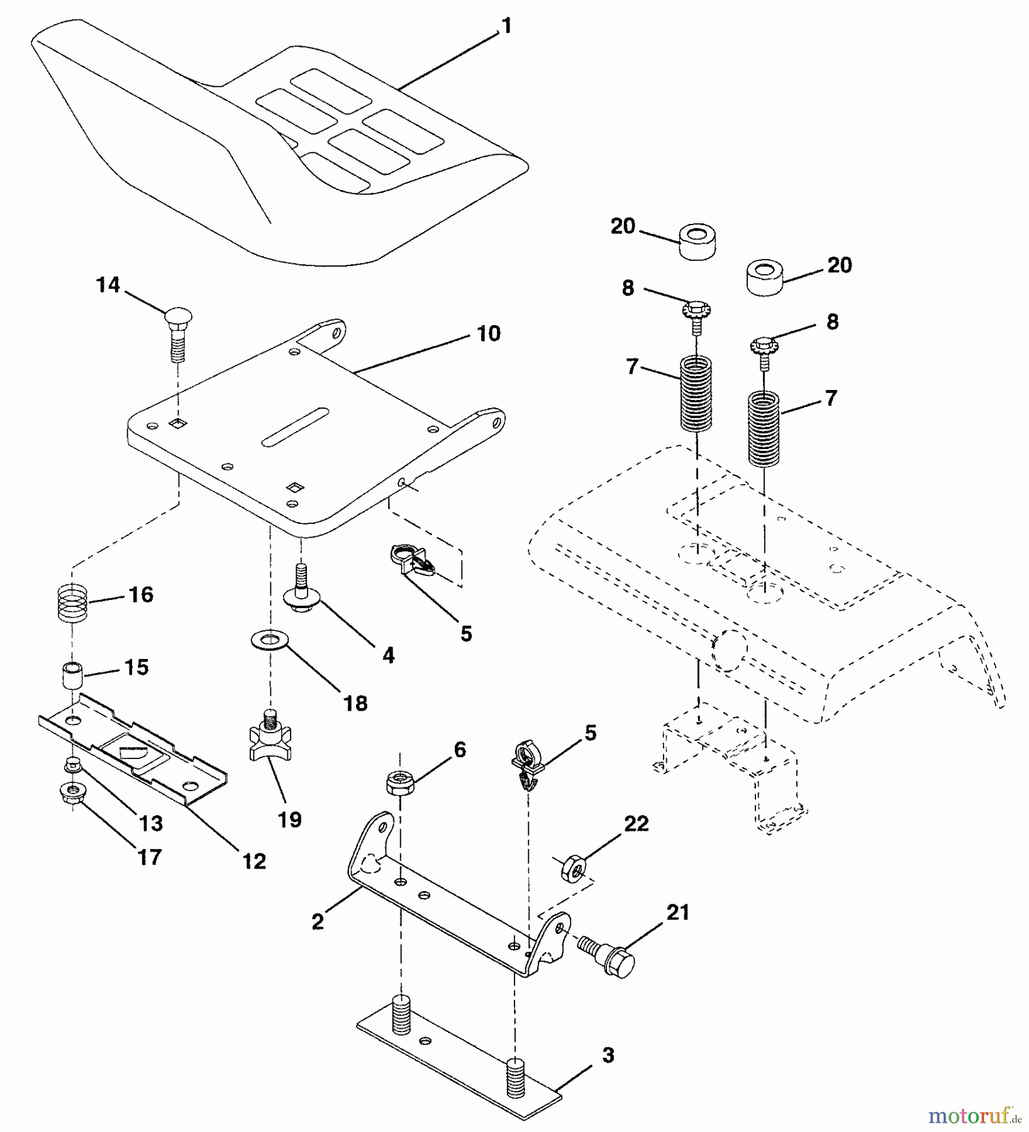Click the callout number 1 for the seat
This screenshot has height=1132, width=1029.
pos(506,26)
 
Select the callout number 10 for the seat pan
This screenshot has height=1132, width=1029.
pos(489,333)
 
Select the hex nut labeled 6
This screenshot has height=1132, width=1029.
pos(399,782)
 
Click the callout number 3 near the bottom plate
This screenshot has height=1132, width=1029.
pos(608,1055)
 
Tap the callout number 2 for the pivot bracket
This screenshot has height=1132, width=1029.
pos(318,921)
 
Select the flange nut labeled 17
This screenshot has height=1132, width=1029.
pos(74,791)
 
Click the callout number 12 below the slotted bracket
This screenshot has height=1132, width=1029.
pos(254,861)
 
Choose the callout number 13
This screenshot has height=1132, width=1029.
pos(151,823)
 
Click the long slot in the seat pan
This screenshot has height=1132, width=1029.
pos(296,428)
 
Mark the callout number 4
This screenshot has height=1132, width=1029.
pos(389,655)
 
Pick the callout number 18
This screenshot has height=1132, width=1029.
pos(355,703)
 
